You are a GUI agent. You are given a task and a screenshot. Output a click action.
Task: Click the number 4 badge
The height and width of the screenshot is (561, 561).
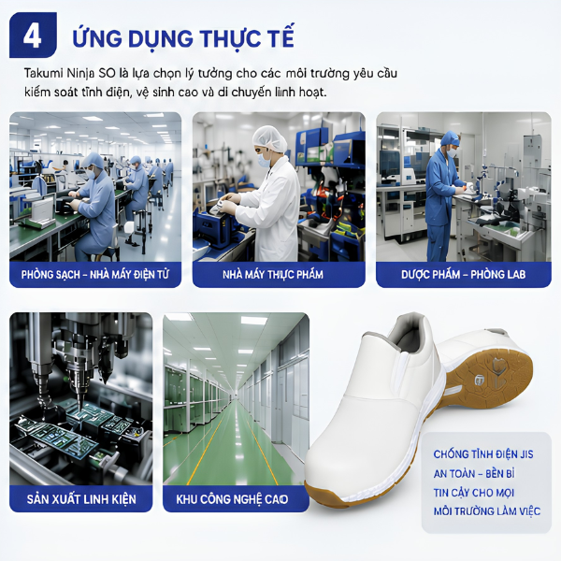click(x=33, y=36)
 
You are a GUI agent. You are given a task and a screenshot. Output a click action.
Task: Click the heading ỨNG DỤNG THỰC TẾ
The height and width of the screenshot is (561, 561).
click(x=183, y=37)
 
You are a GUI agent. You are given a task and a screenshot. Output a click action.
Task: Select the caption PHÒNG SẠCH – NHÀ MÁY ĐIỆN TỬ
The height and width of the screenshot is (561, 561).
click(x=95, y=275)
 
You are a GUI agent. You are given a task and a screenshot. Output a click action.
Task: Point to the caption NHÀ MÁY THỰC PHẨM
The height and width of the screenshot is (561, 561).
click(x=273, y=274)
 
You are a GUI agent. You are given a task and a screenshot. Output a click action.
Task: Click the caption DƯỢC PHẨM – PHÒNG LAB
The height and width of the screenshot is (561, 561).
click(x=464, y=274)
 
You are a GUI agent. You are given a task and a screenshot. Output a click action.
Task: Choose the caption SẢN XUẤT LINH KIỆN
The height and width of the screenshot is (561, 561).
click(x=81, y=498)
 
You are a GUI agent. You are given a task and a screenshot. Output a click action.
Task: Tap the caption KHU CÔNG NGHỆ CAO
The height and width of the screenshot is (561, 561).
click(x=232, y=499)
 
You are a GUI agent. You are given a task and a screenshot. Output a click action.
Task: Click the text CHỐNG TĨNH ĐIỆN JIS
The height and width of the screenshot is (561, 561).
click(x=483, y=454)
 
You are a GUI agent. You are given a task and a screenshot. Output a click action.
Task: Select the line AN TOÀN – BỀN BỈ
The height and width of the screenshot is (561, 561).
click(x=474, y=473)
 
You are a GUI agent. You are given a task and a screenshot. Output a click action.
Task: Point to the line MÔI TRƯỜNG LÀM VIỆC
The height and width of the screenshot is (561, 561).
click(x=487, y=511)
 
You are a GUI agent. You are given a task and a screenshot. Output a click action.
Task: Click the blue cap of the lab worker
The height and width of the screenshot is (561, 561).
click(x=450, y=138)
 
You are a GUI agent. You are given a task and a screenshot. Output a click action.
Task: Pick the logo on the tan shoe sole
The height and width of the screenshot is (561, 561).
click(x=481, y=380)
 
